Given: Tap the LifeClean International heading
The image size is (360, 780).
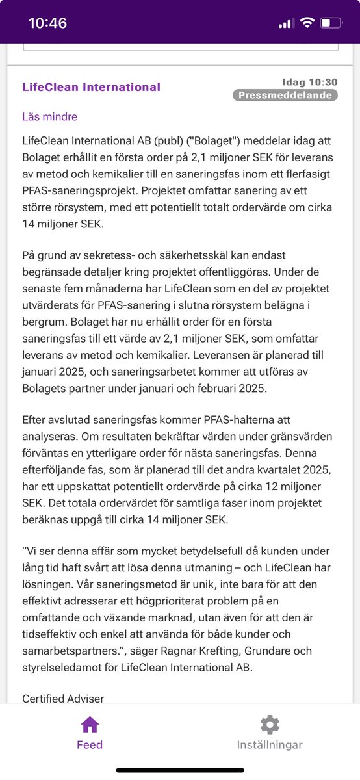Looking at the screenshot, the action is click(x=91, y=87).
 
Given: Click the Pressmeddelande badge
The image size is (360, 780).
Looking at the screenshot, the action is click(x=285, y=95).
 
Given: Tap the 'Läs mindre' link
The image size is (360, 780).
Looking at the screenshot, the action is click(x=49, y=117).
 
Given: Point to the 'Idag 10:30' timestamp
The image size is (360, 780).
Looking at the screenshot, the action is click(x=310, y=82).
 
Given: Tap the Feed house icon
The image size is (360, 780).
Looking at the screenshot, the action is click(x=90, y=725).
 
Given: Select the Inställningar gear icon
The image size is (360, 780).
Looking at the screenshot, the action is click(x=270, y=725).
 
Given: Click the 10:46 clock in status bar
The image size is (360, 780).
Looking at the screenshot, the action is click(x=48, y=23).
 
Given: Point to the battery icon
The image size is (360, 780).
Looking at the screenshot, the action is click(x=331, y=23).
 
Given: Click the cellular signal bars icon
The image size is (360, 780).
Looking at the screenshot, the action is click(x=286, y=24).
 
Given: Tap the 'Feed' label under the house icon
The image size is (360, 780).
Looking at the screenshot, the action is click(x=90, y=745).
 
